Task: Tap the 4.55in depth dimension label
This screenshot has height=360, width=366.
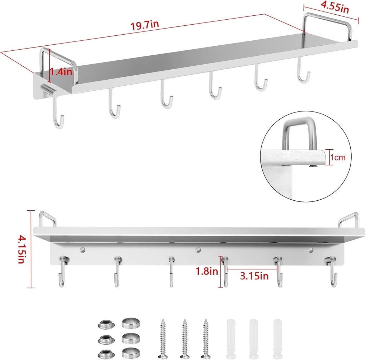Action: (x=335, y=7)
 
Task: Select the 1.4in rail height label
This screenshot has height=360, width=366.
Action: (x=61, y=71)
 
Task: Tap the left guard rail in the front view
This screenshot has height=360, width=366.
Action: (x=47, y=218)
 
